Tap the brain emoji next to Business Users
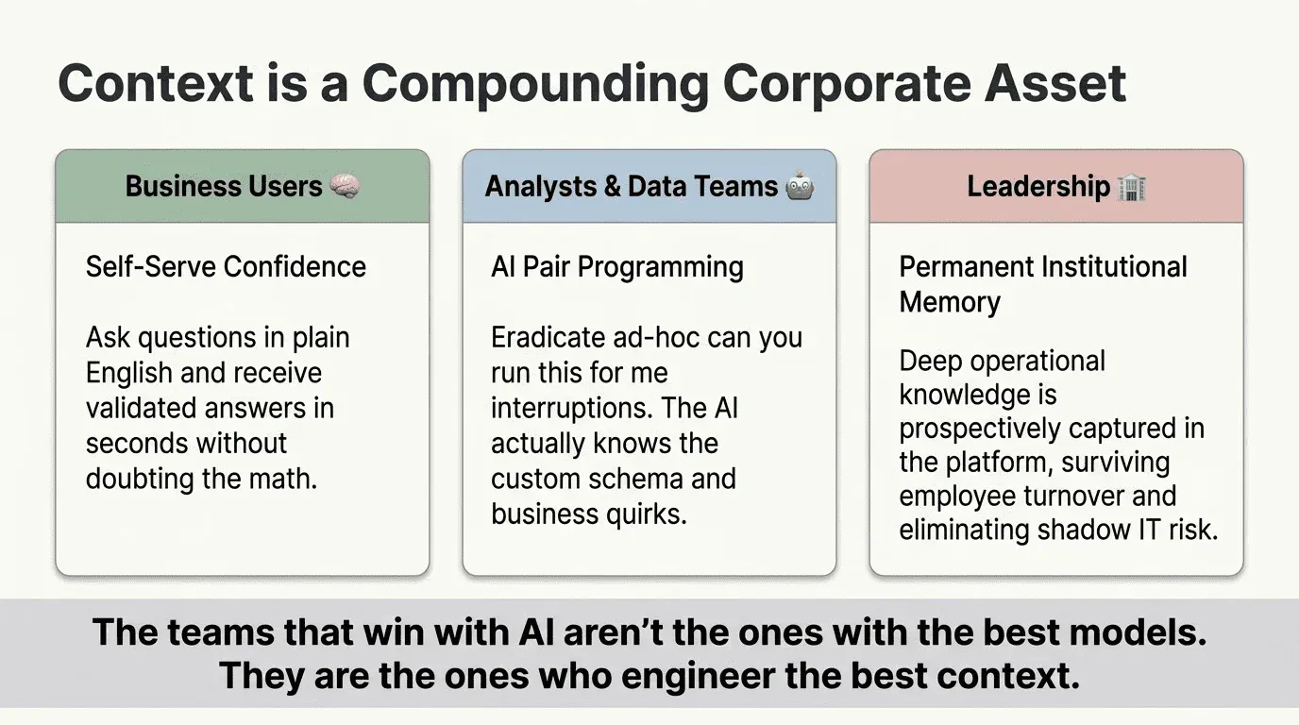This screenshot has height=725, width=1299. pyautogui.click(x=346, y=187)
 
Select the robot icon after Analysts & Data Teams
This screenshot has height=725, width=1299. pyautogui.click(x=800, y=187)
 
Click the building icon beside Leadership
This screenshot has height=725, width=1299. pyautogui.click(x=1131, y=187)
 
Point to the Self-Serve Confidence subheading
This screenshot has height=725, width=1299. pyautogui.click(x=226, y=266)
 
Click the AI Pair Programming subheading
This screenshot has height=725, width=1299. pyautogui.click(x=617, y=266)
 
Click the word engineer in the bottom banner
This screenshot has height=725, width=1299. pyautogui.click(x=713, y=676)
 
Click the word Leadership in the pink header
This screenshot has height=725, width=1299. pyautogui.click(x=1038, y=187)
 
